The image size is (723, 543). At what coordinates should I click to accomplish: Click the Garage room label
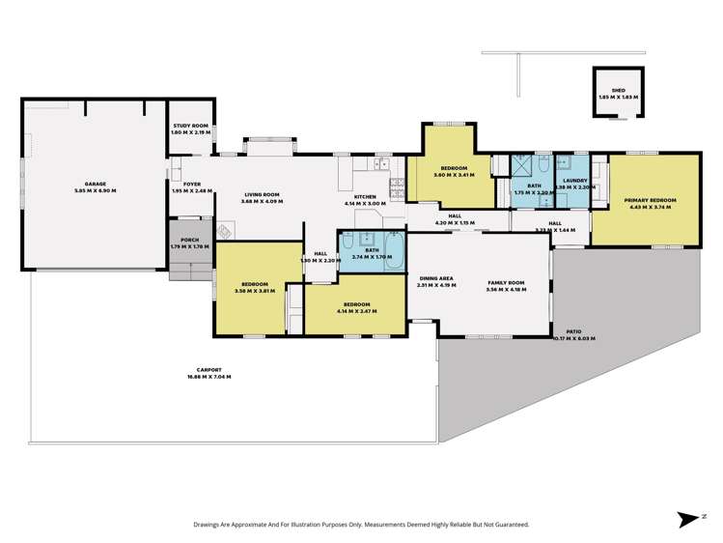pyautogui.click(x=95, y=183)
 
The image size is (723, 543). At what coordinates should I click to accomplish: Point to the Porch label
pyautogui.click(x=181, y=242)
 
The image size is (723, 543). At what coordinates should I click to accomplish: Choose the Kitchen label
pyautogui.click(x=365, y=197)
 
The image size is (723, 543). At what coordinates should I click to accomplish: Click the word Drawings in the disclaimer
pyautogui.click(x=209, y=524)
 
